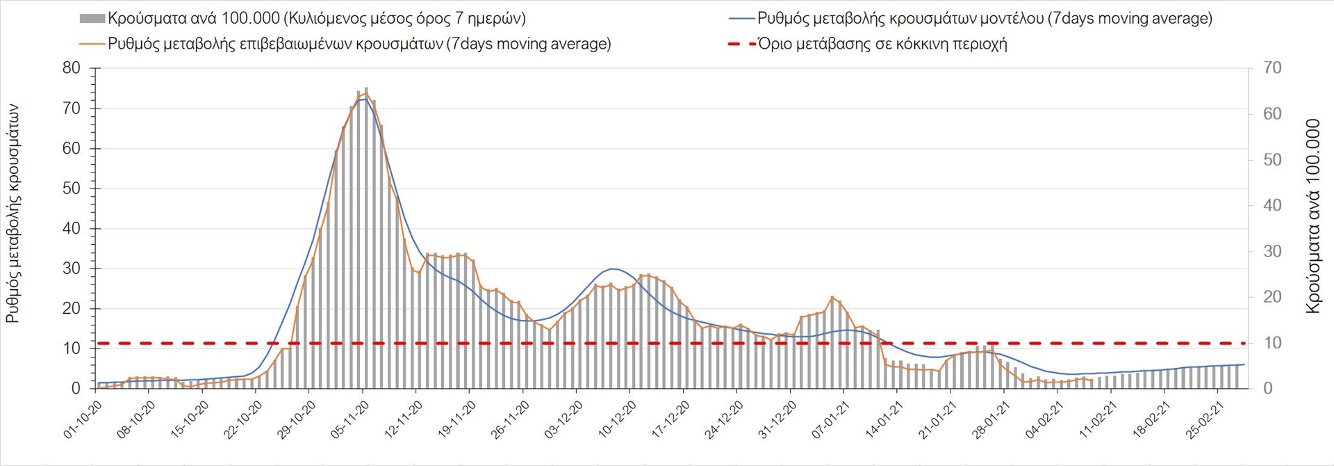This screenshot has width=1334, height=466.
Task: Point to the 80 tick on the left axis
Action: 72,68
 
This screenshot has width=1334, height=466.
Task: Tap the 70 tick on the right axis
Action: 1272,68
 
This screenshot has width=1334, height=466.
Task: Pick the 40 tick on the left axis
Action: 72,228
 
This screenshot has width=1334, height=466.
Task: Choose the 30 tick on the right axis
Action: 1272,251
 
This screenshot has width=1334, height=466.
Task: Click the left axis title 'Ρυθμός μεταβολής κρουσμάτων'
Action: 13,214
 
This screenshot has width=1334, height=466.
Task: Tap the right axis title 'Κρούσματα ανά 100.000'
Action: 1312,216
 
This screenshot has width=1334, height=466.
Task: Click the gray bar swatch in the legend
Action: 92,19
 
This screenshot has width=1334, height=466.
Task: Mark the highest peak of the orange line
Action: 365,93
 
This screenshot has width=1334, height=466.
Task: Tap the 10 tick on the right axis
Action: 1272,343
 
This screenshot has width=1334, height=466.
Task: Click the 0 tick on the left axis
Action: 76,388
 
